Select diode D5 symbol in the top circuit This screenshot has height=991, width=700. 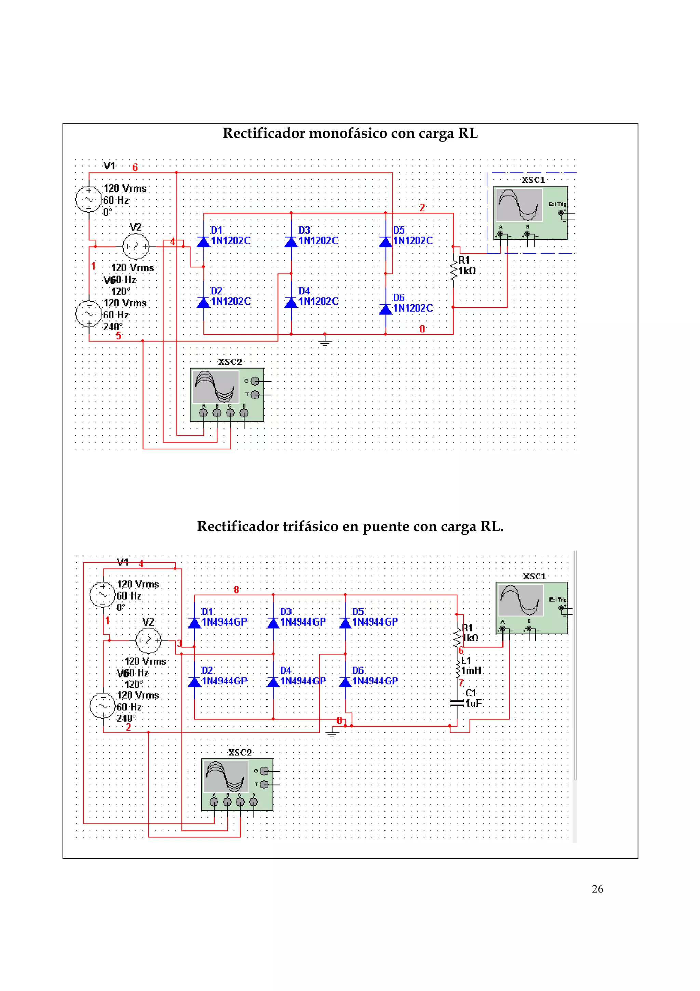coord(386,242)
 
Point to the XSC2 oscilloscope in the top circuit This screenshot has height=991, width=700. coord(227,395)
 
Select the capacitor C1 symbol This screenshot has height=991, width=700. coord(456,703)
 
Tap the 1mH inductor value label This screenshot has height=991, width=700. coord(471,670)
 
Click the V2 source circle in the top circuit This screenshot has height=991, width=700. coord(136,247)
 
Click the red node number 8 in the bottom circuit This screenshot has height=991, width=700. coord(236,590)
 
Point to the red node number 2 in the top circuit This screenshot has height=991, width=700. coord(422,208)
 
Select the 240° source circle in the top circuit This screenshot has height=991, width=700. coord(89,314)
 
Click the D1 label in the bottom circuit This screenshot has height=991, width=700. coord(207,612)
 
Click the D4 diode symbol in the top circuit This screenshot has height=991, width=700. coord(291,302)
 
